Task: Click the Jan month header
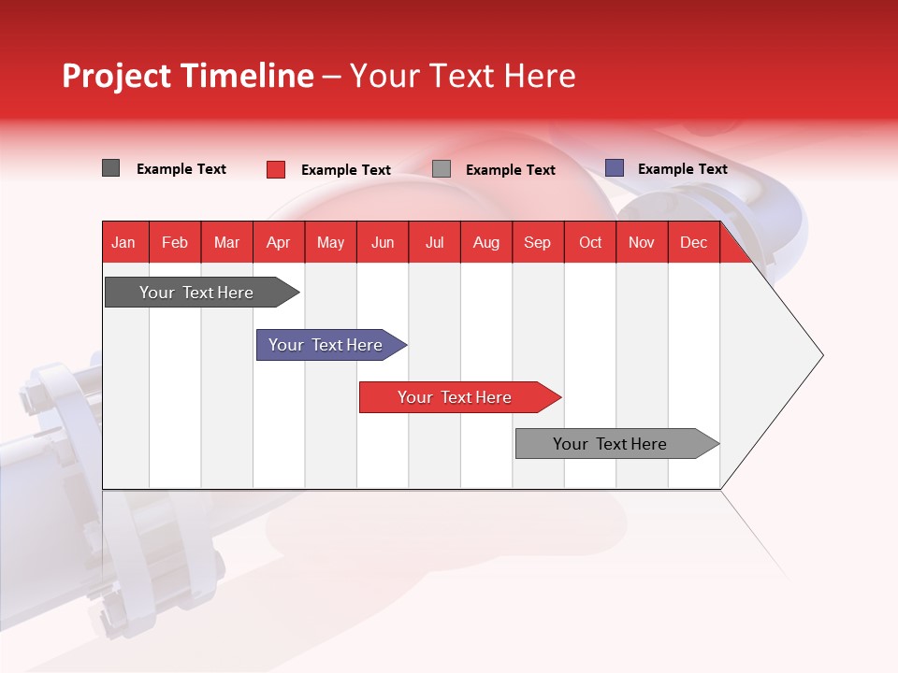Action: pos(123,242)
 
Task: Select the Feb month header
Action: pos(175,242)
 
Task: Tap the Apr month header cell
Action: pos(278,242)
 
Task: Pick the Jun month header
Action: pos(383,242)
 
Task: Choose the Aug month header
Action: pos(485,242)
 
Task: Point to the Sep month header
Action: pos(537,242)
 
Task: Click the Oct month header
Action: pos(590,242)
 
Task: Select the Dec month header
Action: pos(693,242)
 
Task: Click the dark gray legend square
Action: pos(110,168)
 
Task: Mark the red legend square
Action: pos(275,169)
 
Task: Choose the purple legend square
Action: pos(614,168)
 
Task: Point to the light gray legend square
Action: pos(442,169)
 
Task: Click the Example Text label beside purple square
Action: pos(682,169)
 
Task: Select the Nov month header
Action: pos(642,242)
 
